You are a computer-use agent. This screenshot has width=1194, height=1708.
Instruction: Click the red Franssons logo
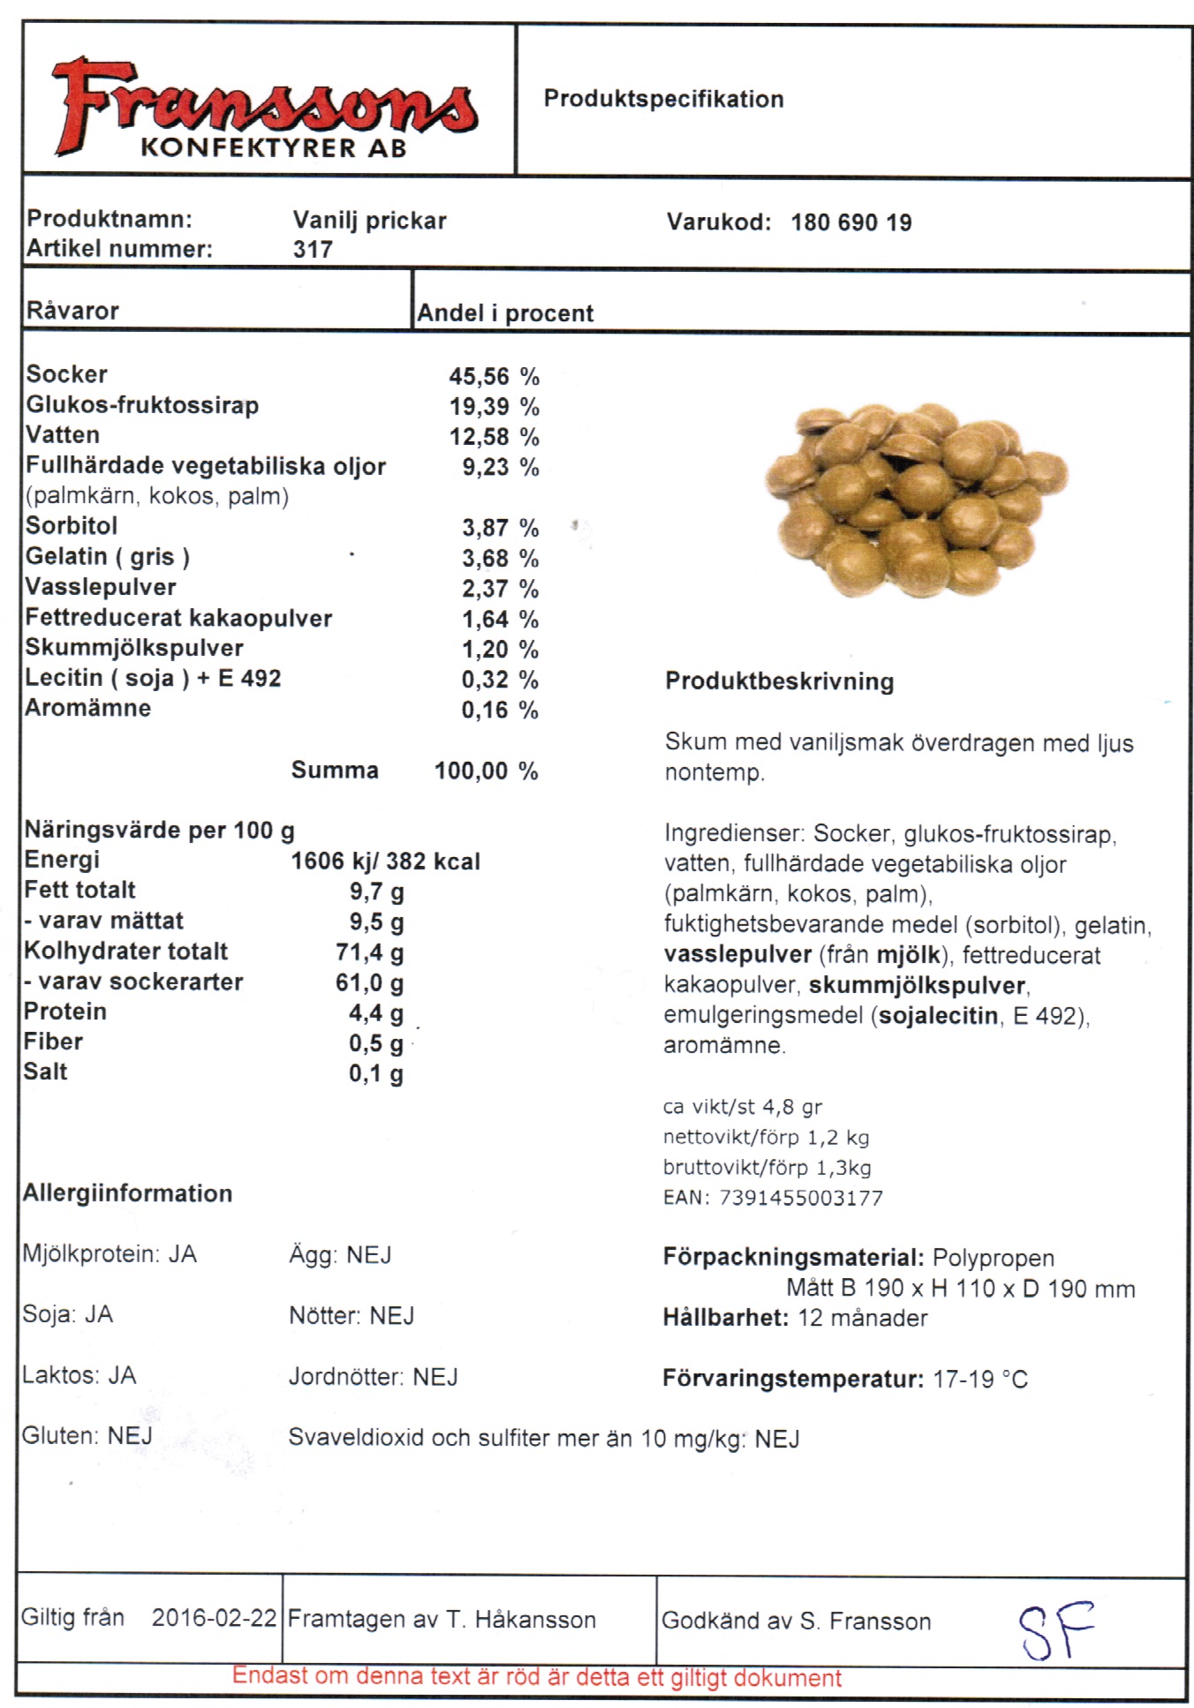click(x=265, y=108)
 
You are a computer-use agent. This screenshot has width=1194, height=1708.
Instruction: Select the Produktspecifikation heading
click(x=663, y=99)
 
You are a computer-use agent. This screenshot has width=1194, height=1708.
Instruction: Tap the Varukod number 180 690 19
click(x=850, y=222)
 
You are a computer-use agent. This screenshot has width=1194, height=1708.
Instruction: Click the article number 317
click(x=313, y=250)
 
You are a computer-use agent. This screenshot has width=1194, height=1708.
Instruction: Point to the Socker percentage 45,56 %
click(x=494, y=377)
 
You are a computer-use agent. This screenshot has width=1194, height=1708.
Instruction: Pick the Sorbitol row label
click(x=72, y=526)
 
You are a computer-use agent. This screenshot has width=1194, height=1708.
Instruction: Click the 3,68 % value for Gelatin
click(x=500, y=559)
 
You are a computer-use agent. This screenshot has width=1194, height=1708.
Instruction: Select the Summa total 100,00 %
click(x=486, y=771)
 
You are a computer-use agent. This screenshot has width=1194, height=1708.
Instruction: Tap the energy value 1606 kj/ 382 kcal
click(x=386, y=862)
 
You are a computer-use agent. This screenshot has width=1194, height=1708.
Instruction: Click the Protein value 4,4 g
click(x=376, y=1013)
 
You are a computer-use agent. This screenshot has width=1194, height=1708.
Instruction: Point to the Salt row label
click(x=46, y=1072)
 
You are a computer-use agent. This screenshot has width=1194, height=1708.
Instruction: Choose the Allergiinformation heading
click(x=128, y=1193)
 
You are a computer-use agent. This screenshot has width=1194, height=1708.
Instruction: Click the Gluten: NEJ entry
click(x=87, y=1436)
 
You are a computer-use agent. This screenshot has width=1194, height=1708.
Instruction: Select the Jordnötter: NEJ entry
click(x=374, y=1377)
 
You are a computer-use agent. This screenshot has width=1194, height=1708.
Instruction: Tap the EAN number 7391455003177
click(x=801, y=1198)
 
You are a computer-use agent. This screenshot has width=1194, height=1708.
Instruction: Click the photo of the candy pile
click(x=916, y=500)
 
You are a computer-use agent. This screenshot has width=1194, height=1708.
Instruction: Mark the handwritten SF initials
click(x=1055, y=1629)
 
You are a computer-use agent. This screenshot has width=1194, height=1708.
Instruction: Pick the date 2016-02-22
click(x=214, y=1618)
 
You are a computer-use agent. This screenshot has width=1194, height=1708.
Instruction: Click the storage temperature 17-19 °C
click(x=980, y=1379)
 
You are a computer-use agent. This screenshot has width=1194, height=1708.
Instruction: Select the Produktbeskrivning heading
click(x=779, y=681)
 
